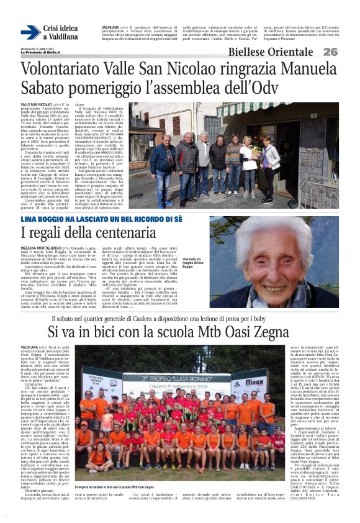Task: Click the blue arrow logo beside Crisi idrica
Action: coord(30,32)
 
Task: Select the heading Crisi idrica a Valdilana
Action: coord(61,32)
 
